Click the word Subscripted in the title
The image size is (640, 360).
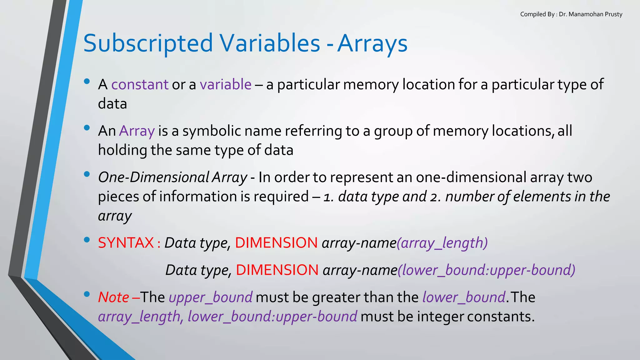click(x=148, y=43)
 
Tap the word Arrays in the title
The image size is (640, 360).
click(x=372, y=43)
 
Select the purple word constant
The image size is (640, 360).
click(x=140, y=84)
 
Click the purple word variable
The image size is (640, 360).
click(x=226, y=84)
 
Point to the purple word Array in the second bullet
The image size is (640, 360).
click(x=137, y=131)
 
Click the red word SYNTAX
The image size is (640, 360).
click(x=126, y=243)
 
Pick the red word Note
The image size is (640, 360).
click(x=113, y=297)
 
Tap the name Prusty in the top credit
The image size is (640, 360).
click(x=613, y=14)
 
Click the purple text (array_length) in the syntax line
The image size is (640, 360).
click(x=442, y=243)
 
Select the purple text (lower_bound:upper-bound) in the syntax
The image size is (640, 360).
click(x=486, y=270)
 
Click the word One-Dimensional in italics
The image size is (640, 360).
click(x=153, y=177)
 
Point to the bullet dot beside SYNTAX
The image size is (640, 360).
click(x=87, y=240)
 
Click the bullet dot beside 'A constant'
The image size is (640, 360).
click(x=87, y=82)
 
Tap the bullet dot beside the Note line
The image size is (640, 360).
click(x=87, y=294)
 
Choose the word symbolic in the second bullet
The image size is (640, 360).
click(x=212, y=131)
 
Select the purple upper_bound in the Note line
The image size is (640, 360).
click(x=211, y=297)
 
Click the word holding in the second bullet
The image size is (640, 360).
click(x=122, y=150)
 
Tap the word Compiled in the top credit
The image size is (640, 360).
click(x=533, y=14)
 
